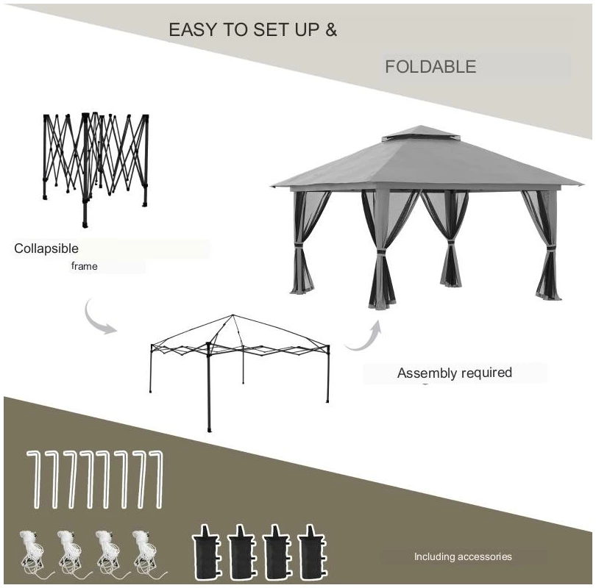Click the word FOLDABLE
tap(430, 67)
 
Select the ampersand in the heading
tap(331, 29)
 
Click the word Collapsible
tap(46, 248)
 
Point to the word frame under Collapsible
tap(85, 266)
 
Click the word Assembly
tap(427, 373)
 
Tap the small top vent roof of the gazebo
tap(419, 133)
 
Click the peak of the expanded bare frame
tap(233, 315)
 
